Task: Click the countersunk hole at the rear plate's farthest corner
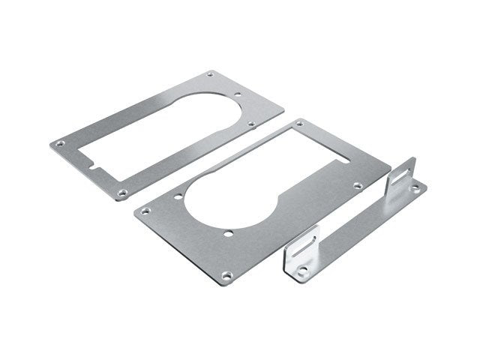(210, 73)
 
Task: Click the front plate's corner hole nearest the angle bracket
(359, 184)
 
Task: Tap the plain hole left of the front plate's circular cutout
(178, 198)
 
